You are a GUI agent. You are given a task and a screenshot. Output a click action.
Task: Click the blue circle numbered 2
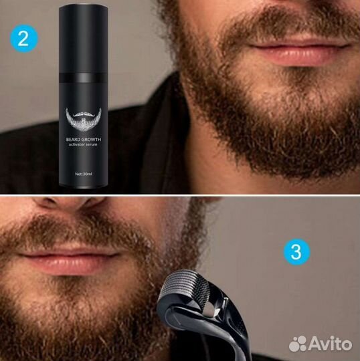(x=23, y=39)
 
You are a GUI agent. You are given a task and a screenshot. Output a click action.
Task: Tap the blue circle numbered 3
(x=296, y=251)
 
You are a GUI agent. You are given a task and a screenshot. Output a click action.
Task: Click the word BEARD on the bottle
(x=73, y=139)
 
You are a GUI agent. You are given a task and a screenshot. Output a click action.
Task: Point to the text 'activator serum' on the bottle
(x=83, y=144)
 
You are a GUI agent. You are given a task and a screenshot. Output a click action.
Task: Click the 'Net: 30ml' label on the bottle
(x=84, y=174)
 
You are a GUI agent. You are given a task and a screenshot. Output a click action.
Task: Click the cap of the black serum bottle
(x=84, y=39)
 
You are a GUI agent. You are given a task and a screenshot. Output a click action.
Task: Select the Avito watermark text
(x=330, y=344)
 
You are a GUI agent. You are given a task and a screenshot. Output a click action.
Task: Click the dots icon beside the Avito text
(x=298, y=344)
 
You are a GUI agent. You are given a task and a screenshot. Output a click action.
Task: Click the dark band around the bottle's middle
(x=84, y=78)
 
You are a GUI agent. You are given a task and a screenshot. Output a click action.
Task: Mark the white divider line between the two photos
(x=180, y=195)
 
